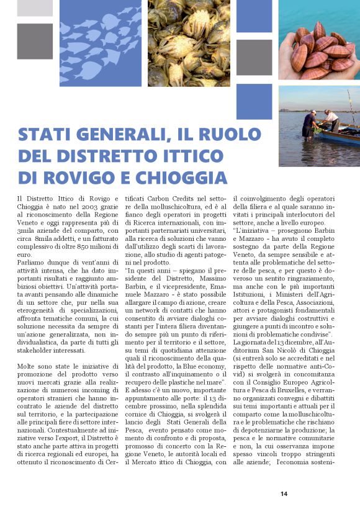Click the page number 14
[x=284, y=493]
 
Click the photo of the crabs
[x=189, y=43]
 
